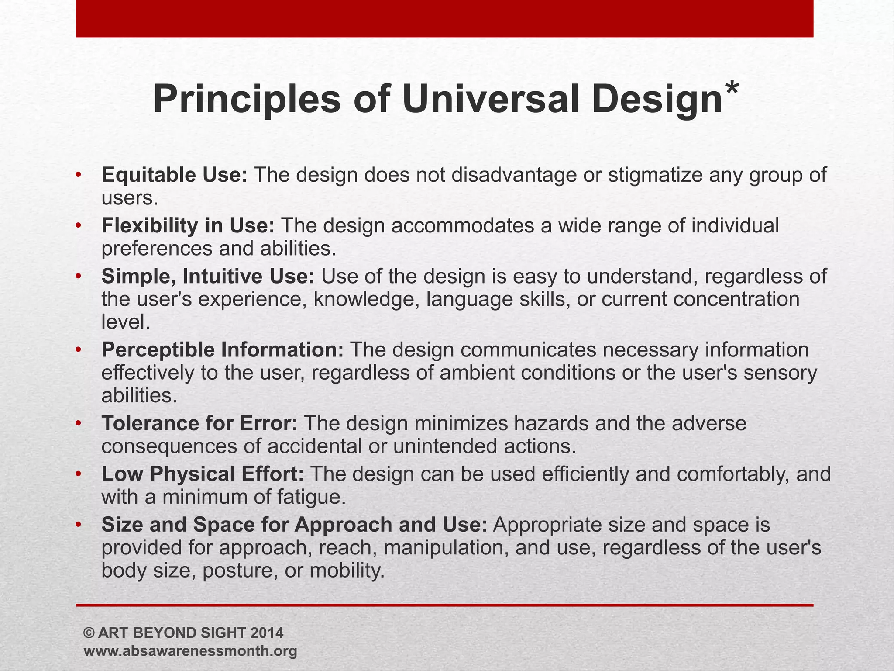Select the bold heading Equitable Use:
click(175, 175)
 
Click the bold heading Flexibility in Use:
click(188, 226)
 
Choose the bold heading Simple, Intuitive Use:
click(208, 277)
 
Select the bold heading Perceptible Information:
click(223, 350)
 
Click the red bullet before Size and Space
click(78, 525)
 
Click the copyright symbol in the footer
click(89, 633)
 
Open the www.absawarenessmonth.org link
click(190, 651)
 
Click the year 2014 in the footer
click(267, 633)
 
